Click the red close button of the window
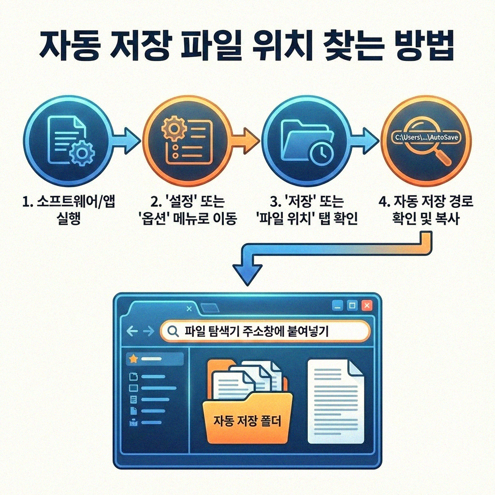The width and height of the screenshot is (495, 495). coord(366,305)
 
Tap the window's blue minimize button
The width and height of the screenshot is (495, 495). coord(338,305)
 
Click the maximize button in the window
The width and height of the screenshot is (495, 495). coord(352,305)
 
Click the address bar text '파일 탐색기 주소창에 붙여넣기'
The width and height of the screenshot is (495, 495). coord(261,331)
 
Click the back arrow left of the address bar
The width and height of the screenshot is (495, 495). coord(131,331)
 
